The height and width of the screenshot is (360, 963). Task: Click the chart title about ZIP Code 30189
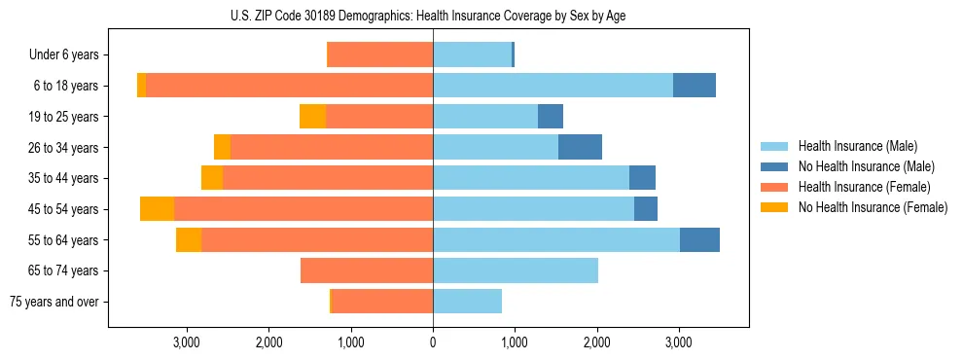tap(433, 17)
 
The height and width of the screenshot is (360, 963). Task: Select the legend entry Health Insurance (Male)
tap(857, 146)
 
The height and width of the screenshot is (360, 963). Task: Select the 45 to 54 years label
tap(65, 209)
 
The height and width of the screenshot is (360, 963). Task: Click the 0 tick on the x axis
tap(433, 342)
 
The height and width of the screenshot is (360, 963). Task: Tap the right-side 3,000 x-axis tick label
tap(678, 342)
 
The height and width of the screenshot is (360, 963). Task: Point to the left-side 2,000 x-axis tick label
tap(268, 342)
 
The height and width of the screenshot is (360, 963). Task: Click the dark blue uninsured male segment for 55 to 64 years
tap(699, 239)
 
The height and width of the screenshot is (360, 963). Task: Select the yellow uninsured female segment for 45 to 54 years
tap(157, 209)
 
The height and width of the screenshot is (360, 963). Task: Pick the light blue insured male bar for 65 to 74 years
tap(516, 270)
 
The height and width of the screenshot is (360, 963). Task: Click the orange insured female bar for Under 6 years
tap(380, 55)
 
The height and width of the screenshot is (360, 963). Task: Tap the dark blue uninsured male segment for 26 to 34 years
tap(580, 147)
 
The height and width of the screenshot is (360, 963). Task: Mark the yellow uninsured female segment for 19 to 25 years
tap(312, 117)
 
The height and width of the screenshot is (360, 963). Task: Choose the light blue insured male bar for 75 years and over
tap(467, 302)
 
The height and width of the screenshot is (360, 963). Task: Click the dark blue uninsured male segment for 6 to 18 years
tap(695, 86)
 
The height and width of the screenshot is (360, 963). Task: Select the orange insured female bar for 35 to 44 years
tap(328, 178)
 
